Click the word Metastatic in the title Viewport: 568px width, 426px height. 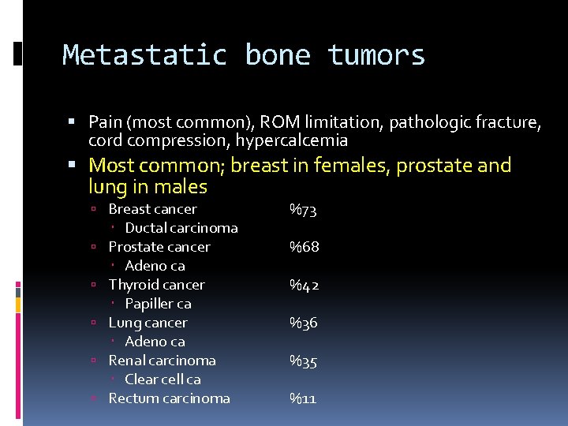(144, 55)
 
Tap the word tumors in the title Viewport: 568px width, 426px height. (376, 55)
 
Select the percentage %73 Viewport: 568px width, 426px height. (303, 210)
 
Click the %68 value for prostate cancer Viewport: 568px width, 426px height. (304, 247)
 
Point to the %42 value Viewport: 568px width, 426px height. (304, 285)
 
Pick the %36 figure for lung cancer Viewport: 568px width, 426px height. (303, 323)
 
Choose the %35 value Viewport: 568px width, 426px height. (303, 361)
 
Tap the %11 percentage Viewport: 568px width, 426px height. (302, 398)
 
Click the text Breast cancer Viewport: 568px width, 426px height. (152, 209)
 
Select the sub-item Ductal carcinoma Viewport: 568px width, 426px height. (181, 228)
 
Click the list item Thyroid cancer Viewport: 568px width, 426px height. (156, 285)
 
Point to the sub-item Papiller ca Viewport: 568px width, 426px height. (158, 304)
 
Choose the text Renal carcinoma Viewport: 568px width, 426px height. (162, 361)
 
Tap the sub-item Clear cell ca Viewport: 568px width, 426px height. (163, 379)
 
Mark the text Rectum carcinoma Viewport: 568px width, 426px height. (169, 398)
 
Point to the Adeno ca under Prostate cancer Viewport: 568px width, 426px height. (155, 266)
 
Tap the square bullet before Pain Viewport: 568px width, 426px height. (73, 122)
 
